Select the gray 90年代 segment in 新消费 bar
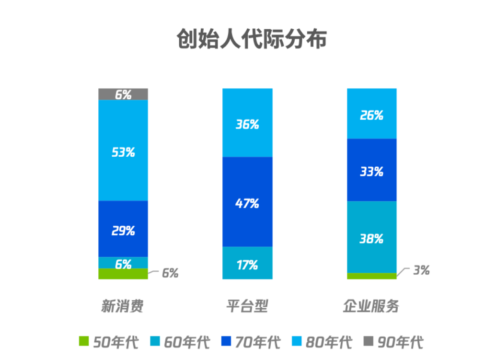click(x=123, y=94)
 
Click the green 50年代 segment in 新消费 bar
click(x=123, y=274)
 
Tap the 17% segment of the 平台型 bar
click(x=247, y=263)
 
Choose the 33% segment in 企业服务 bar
click(x=371, y=170)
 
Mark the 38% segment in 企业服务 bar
click(x=371, y=237)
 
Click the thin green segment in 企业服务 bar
click(x=371, y=276)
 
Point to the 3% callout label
click(x=421, y=270)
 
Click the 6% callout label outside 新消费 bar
click(x=170, y=273)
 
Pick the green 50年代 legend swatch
click(x=84, y=342)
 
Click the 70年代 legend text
click(x=258, y=342)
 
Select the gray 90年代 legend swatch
click(x=368, y=342)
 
